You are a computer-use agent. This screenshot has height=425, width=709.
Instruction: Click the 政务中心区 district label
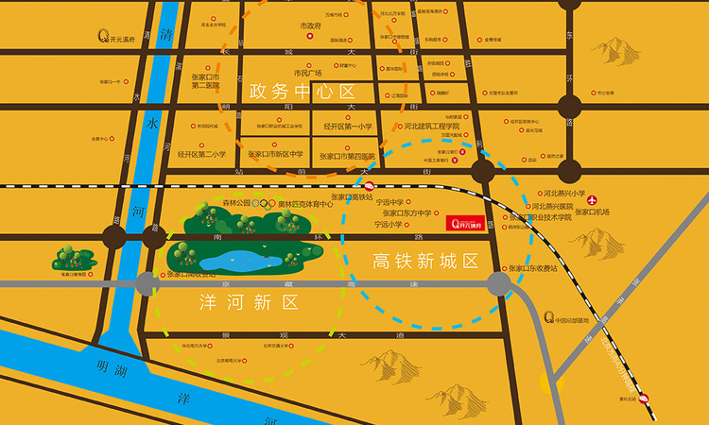[301, 93]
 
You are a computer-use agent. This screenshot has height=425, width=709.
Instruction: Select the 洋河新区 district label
[249, 302]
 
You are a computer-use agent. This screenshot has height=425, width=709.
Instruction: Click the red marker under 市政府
[310, 37]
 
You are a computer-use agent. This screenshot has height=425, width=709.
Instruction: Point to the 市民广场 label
[308, 73]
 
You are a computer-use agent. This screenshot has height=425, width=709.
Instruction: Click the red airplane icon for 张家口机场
[593, 200]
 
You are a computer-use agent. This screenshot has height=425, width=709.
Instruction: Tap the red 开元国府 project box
[465, 223]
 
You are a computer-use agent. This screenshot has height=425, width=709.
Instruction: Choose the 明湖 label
[111, 371]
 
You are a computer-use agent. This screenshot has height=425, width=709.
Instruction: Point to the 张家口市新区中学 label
[276, 154]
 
